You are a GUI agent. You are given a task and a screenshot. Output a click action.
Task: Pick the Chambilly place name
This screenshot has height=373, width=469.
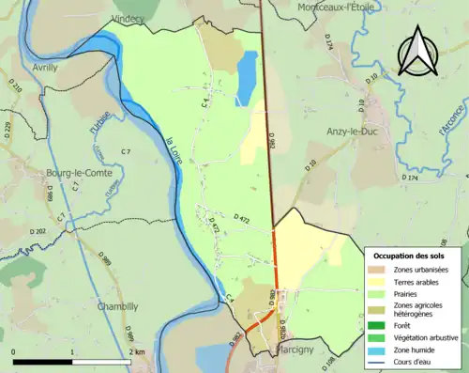[x=117, y=305]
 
